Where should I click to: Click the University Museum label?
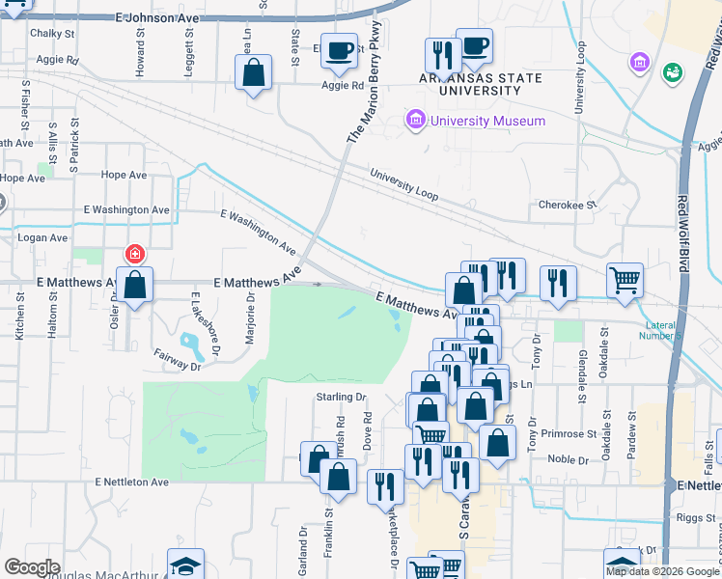tap(487, 121)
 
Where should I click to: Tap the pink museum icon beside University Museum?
tap(416, 121)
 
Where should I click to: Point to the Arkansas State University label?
tap(480, 83)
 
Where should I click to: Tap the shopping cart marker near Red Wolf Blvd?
tap(625, 280)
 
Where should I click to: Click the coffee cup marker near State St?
tap(339, 50)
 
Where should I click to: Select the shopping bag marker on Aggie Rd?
tap(253, 73)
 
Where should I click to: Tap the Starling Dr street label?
tap(343, 397)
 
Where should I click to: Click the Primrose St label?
tap(563, 434)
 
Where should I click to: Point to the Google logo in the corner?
tap(32, 567)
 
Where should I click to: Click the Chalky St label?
tap(53, 33)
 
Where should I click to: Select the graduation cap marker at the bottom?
tap(186, 565)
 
